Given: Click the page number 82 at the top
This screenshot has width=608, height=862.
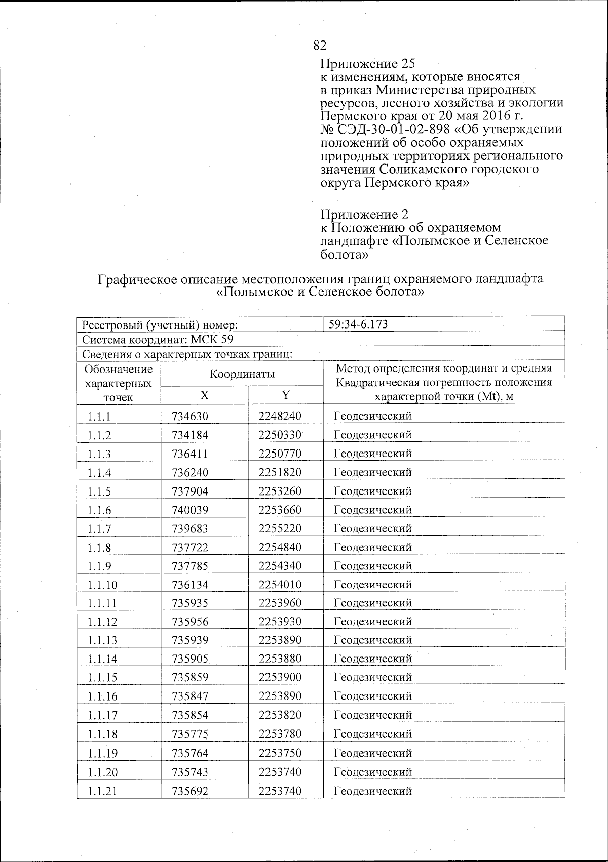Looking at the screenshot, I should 320,46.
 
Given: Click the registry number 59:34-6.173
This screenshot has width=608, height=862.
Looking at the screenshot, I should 358,324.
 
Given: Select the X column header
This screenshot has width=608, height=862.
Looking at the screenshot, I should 204,396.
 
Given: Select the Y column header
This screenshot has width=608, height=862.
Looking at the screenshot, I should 286,396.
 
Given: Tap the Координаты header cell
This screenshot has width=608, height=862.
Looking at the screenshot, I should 242,374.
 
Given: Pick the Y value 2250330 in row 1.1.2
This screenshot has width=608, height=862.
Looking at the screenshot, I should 280,435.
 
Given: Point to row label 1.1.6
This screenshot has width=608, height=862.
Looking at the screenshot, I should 99,511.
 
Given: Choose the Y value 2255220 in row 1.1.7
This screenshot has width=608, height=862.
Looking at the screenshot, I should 280,528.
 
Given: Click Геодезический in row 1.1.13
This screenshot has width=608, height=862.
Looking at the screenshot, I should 373,640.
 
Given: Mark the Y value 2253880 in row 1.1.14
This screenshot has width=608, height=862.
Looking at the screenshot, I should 280,659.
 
